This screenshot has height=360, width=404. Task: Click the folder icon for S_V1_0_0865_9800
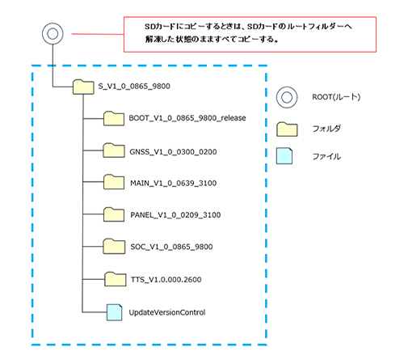coord(83,87)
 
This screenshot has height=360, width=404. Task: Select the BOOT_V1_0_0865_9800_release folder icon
coord(114,118)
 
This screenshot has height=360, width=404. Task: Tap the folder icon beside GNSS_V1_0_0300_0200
coord(114,150)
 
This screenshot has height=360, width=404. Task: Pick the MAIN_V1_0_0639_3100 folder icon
coord(114,182)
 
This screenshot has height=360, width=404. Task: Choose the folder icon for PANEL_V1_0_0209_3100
coord(114,214)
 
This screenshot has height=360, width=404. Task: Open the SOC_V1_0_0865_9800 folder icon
coord(114,246)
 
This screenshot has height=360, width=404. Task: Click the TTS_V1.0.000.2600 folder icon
coord(116,279)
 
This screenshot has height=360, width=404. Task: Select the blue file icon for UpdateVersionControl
coord(114,312)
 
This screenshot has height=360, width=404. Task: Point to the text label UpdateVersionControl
coord(167,312)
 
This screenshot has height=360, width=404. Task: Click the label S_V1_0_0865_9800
coord(134,87)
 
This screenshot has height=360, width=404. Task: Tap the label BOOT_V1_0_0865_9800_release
coord(187,118)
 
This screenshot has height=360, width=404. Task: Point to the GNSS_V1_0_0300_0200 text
coord(173,152)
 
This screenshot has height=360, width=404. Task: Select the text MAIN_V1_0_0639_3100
coord(173,184)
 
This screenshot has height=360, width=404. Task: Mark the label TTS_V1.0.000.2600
coord(166,279)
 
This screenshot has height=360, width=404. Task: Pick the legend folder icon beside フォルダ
coord(287,129)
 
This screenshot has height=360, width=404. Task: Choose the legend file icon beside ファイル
coord(284,156)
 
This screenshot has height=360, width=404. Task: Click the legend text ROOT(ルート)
coord(336,97)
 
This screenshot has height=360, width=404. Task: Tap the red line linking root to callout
coord(98,34)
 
